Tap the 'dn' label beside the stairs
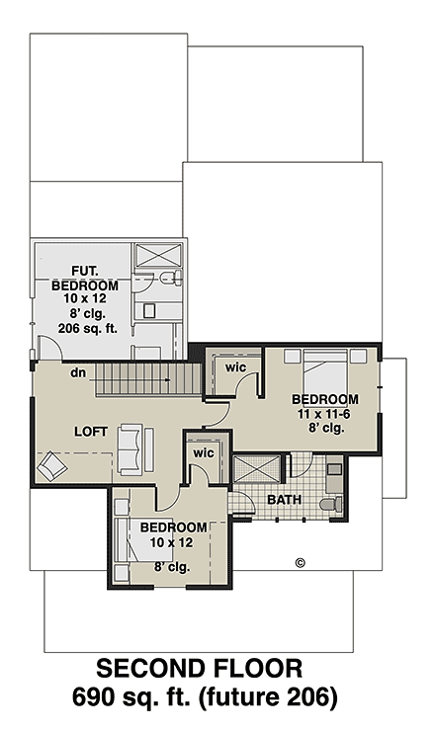click(x=77, y=373)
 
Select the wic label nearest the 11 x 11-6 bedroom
click(x=236, y=366)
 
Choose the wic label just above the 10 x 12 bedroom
click(x=203, y=452)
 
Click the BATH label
click(x=285, y=500)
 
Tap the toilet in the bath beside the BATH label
click(x=333, y=504)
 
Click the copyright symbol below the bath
click(x=301, y=563)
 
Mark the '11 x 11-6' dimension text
click(x=324, y=414)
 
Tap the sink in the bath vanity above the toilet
click(x=333, y=470)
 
